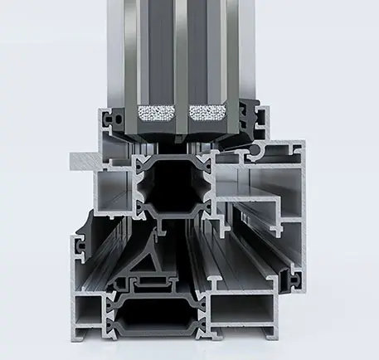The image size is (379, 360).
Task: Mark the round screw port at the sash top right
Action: pos(265,152)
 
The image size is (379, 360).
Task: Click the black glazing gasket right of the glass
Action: pos(250,116)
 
